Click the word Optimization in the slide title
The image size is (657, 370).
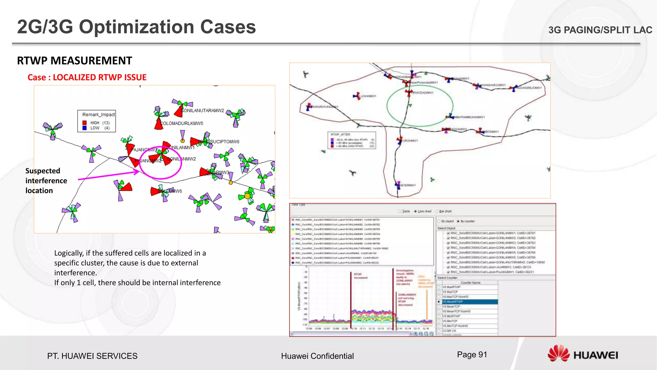(x=137, y=27)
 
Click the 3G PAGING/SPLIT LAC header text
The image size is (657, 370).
(x=600, y=30)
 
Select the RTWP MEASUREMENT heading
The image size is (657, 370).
(x=74, y=61)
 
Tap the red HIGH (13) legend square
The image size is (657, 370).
(x=85, y=123)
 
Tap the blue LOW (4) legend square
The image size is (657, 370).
(x=85, y=128)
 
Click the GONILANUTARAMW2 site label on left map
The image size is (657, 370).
(x=202, y=110)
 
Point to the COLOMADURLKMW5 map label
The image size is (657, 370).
(x=182, y=123)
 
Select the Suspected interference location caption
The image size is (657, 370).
(x=46, y=181)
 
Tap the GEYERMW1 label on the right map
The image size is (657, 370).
(x=407, y=185)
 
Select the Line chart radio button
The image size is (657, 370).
(x=415, y=211)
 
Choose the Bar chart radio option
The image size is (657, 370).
(x=437, y=211)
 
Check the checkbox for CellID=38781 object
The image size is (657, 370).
(x=448, y=233)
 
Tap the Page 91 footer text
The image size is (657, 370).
(x=472, y=355)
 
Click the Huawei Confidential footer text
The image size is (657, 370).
(x=317, y=356)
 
